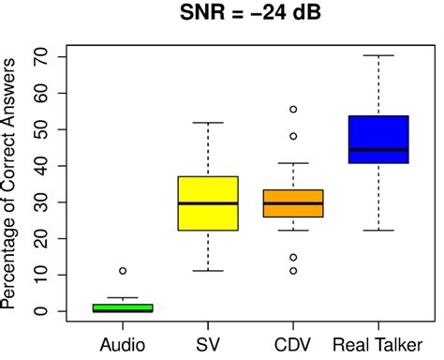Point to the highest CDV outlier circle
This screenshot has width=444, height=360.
[293, 110]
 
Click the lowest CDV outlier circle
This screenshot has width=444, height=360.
[293, 271]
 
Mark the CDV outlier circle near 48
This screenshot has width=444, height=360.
[293, 136]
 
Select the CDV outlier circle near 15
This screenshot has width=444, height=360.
[293, 257]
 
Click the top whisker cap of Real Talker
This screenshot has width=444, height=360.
[378, 55]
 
